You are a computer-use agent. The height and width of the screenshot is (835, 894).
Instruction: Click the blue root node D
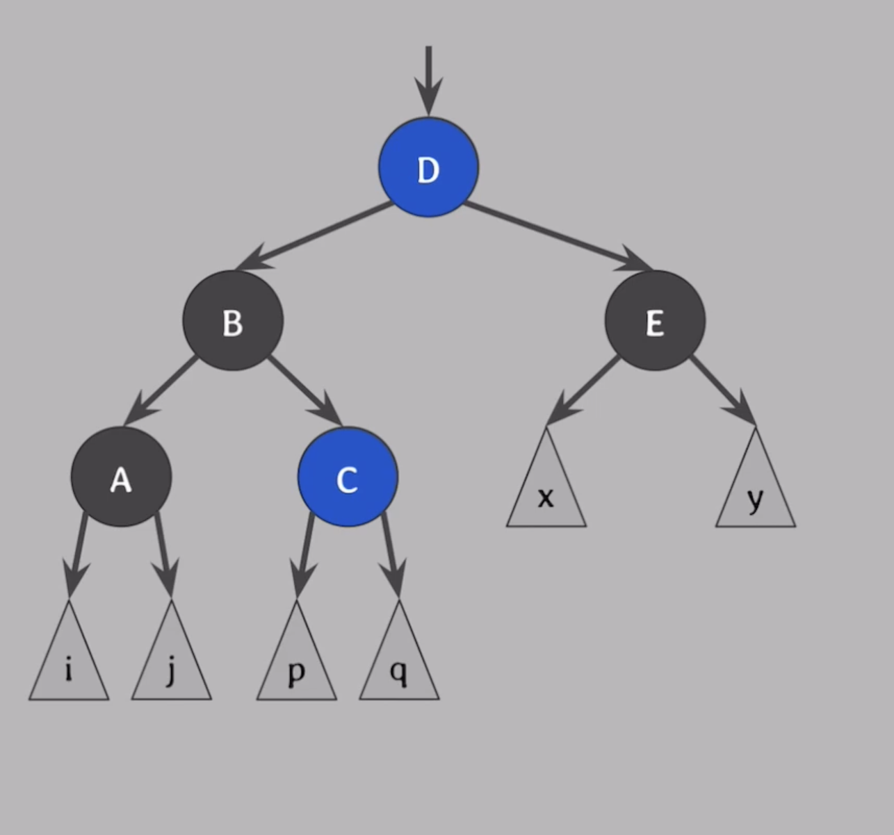pos(428,167)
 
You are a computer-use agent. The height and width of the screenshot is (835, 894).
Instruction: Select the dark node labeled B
pos(233,320)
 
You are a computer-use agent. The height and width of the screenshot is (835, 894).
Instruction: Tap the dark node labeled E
pos(655,320)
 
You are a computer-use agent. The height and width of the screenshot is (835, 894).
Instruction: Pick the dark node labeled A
pos(121,477)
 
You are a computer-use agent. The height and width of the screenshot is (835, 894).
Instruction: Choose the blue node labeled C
pos(348,477)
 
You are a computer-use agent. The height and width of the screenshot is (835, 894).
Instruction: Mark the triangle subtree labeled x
pos(546,490)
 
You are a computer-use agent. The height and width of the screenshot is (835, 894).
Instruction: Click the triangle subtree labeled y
pos(755,490)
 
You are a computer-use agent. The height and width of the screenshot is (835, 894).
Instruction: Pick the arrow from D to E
pos(556,235)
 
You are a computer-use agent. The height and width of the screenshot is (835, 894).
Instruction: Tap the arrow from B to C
pos(304,390)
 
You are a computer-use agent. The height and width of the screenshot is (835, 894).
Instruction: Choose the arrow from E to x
pos(584,389)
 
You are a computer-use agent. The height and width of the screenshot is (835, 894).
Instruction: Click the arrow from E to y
pos(723,389)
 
